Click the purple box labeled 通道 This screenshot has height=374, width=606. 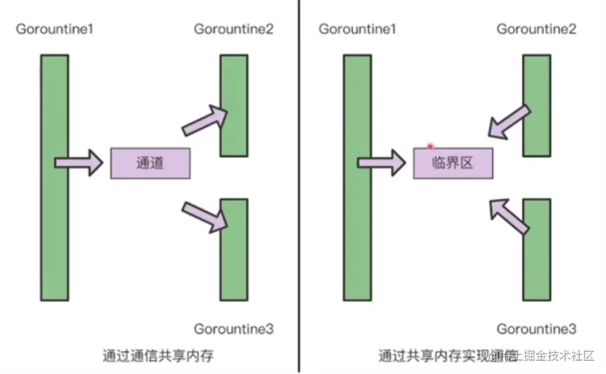click(150, 163)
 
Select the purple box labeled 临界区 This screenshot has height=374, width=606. click(453, 163)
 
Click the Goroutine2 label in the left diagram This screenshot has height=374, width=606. click(233, 29)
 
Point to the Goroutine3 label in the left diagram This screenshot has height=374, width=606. click(233, 328)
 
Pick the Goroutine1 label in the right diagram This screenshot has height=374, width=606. click(357, 29)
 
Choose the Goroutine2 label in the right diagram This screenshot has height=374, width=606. click(536, 29)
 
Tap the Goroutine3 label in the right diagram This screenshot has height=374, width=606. click(536, 328)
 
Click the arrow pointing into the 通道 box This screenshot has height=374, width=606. click(78, 163)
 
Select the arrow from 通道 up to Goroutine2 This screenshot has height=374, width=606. click(205, 119)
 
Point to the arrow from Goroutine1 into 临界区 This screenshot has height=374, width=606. click(381, 163)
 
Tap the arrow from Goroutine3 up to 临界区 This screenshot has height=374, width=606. click(508, 215)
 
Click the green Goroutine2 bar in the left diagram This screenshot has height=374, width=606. click(234, 105)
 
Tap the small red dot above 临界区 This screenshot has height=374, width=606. click(430, 145)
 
